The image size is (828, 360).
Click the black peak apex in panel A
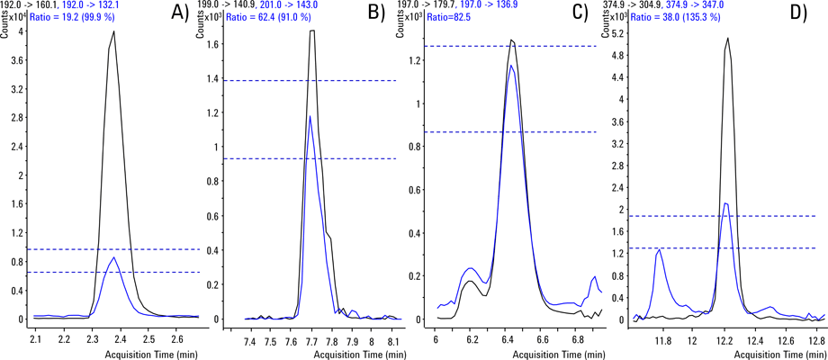point(114,31)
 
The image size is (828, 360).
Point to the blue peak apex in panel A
point(113,258)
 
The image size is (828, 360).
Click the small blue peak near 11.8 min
point(660,250)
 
